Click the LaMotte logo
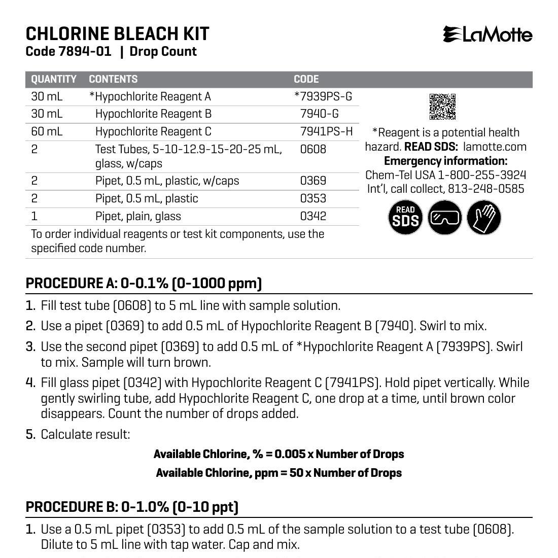[x=487, y=34]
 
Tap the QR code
[x=443, y=107]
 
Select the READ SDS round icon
[x=405, y=218]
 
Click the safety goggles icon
[x=445, y=218]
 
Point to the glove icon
[x=484, y=218]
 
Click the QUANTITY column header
[x=54, y=79]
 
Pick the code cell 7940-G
[x=319, y=114]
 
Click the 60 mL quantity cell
[x=47, y=132]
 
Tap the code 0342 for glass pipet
[x=313, y=216]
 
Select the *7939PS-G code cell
[x=323, y=96]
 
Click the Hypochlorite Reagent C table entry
[x=153, y=132]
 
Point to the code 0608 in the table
[x=313, y=149]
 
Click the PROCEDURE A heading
[x=144, y=283]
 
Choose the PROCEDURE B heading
[x=132, y=507]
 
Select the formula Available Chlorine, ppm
[x=278, y=473]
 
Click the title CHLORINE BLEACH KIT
[x=117, y=33]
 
